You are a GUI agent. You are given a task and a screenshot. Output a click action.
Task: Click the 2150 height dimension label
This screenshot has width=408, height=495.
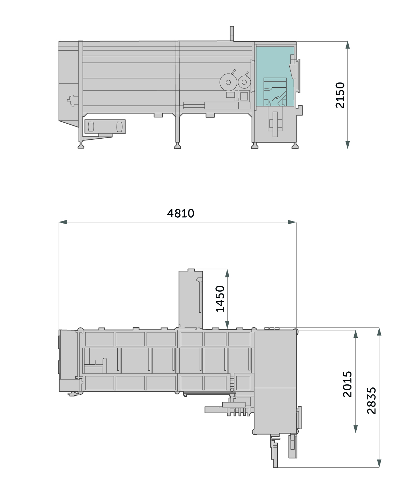pos(340,95)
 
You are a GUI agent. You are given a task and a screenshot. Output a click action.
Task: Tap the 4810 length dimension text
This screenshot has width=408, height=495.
pos(180,213)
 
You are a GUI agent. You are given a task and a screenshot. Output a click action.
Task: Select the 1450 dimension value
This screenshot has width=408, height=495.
pos(220,298)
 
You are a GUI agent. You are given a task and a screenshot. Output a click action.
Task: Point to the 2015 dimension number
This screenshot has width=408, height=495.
pos(347,384)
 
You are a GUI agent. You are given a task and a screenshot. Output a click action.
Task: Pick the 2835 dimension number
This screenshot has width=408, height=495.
pos(371,401)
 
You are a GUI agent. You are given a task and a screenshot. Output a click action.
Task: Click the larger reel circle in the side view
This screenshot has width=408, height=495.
pos(228,82)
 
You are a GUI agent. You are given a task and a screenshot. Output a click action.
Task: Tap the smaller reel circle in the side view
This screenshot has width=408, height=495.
pos(244,82)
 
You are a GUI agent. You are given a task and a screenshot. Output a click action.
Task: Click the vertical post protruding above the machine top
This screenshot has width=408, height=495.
pos(232,34)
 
